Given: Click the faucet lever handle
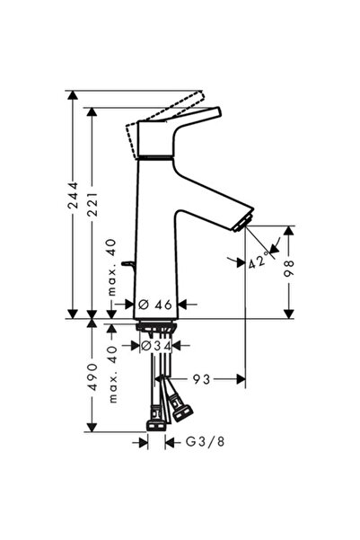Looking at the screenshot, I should (184, 127).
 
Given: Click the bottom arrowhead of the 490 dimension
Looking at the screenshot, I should (92, 427).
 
